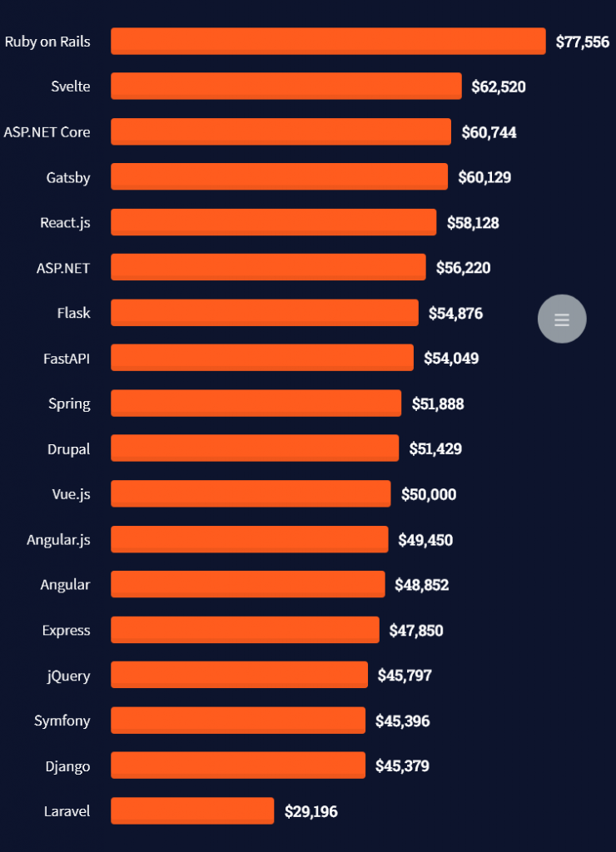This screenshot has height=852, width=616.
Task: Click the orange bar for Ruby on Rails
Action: [328, 41]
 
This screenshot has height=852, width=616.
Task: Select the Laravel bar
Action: [192, 810]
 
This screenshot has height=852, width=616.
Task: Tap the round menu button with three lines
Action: [562, 319]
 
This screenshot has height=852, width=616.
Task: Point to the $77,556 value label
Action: [583, 42]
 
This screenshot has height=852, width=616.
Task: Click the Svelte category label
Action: [71, 87]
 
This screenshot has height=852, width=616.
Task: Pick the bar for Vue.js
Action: [251, 493]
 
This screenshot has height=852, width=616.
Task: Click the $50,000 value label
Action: [429, 494]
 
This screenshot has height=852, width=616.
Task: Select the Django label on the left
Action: [69, 765]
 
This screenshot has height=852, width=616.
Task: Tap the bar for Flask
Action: [265, 313]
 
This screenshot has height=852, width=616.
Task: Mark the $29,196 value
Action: [311, 811]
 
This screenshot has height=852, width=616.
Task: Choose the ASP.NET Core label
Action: [47, 131]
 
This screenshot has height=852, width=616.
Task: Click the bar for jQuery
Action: [239, 675]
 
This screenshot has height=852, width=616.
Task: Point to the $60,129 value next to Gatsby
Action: [484, 177]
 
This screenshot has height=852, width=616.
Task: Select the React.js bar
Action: [273, 222]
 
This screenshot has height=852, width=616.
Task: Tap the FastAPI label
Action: [67, 359]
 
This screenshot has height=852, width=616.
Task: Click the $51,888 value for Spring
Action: [438, 404]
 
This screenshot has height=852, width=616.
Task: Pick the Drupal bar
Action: [255, 448]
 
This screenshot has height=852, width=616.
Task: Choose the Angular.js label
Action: [58, 540]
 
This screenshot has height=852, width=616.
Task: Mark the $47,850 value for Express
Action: [416, 630]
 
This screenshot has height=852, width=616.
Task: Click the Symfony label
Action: [62, 721]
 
